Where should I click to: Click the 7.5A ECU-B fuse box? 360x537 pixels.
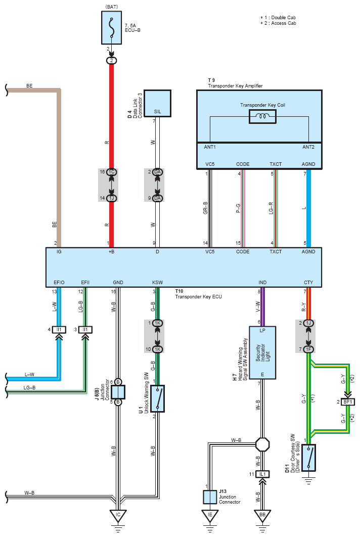point(111,28)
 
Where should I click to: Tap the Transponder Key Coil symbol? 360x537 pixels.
point(262,117)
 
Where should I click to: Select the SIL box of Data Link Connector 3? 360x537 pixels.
point(157,104)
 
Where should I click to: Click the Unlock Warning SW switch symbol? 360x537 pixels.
point(157,398)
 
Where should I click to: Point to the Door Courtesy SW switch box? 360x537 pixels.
point(308,458)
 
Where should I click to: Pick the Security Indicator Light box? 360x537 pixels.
point(262,353)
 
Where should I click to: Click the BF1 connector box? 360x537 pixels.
point(348,401)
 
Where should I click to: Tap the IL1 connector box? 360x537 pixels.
point(262,474)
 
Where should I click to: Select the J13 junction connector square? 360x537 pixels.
point(210,497)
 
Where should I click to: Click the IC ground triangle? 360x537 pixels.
point(118,515)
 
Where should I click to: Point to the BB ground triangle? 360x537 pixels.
point(262,515)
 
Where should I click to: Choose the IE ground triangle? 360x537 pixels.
point(210,515)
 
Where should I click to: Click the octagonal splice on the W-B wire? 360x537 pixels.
point(262,444)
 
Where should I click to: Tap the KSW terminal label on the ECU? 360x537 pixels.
point(157,283)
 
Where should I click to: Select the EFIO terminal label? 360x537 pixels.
point(59,283)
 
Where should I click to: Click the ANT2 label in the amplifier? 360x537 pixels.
point(308,147)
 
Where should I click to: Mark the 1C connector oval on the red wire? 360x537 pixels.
point(111,171)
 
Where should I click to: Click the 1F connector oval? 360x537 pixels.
point(308,349)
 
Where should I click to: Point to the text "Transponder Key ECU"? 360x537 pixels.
point(198,297)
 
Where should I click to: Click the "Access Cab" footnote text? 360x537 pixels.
point(284,23)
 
